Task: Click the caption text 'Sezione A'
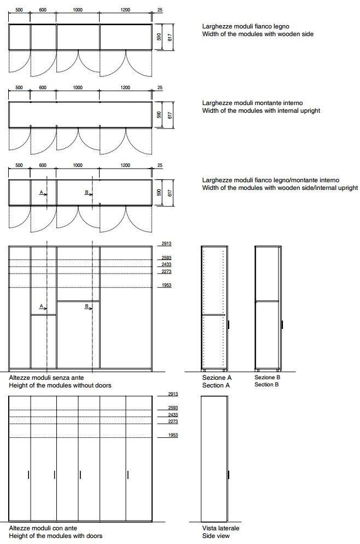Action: (x=217, y=378)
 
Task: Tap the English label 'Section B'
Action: (x=267, y=385)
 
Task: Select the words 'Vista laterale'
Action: (x=220, y=528)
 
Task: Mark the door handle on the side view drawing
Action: (x=229, y=476)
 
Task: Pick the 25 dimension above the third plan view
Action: (x=160, y=165)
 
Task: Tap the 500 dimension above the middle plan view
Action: (x=19, y=88)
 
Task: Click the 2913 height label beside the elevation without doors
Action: (x=166, y=244)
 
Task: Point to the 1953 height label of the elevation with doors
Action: (x=166, y=435)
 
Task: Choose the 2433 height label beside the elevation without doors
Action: (x=166, y=264)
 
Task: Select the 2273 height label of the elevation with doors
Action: (x=166, y=421)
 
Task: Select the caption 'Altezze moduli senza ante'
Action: (x=46, y=378)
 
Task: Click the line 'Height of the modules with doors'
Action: (x=55, y=536)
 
